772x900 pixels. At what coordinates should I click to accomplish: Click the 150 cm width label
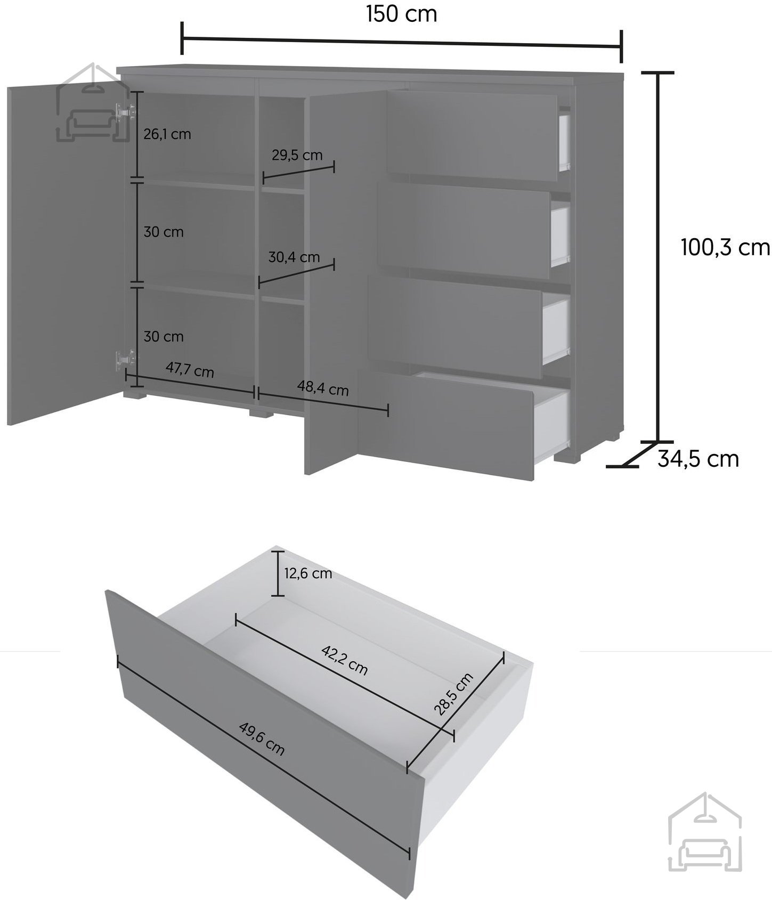401,14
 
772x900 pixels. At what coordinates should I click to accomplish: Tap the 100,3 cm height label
726,248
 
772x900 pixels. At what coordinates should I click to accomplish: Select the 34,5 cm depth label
698,459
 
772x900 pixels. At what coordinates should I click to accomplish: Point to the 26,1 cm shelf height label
167,134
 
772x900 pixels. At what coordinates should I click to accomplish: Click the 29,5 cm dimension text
297,155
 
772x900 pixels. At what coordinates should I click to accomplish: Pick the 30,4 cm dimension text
294,257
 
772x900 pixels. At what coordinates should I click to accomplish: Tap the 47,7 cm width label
190,369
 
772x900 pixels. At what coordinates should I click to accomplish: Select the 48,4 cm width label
323,388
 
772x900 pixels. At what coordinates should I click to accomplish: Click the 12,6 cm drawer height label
308,573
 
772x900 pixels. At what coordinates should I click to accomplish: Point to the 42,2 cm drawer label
344,660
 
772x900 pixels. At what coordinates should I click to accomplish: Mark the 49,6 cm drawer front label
262,739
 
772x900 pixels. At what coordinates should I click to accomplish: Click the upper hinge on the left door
124,112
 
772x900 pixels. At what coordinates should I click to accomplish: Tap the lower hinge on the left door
125,359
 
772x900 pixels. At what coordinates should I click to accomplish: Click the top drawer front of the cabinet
472,136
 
